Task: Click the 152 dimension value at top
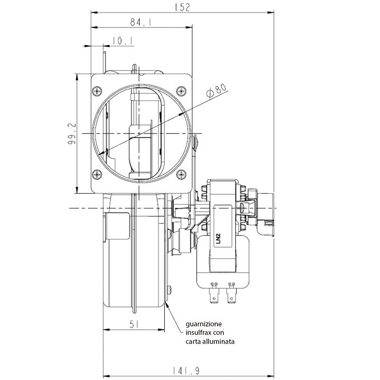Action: (x=182, y=7)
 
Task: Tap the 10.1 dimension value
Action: (x=122, y=41)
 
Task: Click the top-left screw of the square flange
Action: (x=98, y=90)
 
